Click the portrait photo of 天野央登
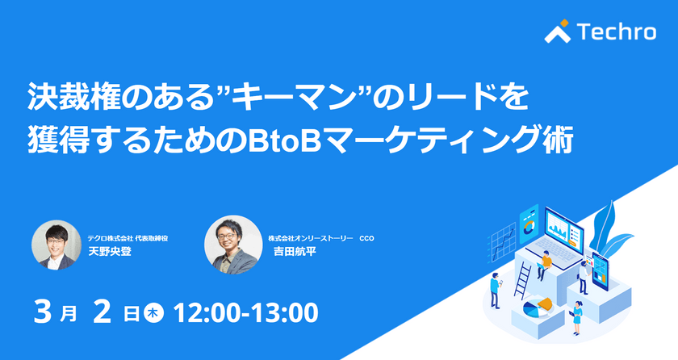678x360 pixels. [x=56, y=244]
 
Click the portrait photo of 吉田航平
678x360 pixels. [x=229, y=244]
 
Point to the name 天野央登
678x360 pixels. [x=110, y=251]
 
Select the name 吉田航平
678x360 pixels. [x=296, y=251]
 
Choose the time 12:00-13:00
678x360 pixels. [x=245, y=312]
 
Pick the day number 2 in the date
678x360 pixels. [x=100, y=312]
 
